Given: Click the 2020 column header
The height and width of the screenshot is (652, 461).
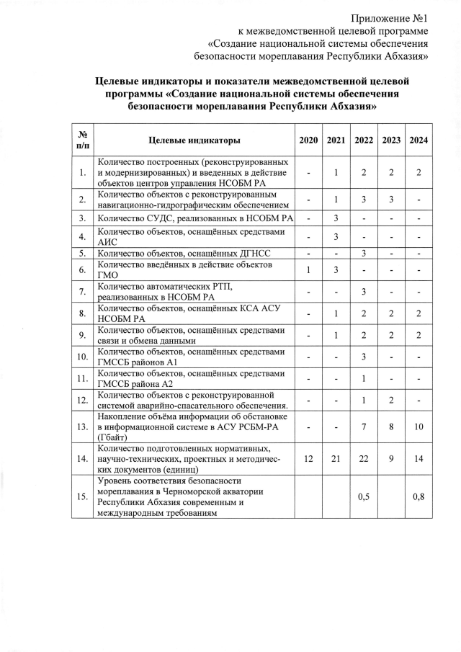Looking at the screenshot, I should pos(308,140).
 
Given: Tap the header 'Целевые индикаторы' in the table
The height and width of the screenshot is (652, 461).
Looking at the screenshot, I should pos(194,140).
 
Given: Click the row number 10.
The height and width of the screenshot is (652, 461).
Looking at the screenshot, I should pos(84,356).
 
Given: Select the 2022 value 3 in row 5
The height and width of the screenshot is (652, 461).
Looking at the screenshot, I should pos(364,254).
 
